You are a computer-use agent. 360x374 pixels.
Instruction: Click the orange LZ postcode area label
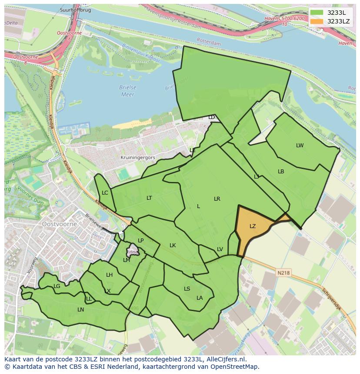(x=253, y=226)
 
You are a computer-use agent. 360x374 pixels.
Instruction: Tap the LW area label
(x=300, y=146)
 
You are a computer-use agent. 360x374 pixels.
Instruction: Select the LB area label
(x=281, y=172)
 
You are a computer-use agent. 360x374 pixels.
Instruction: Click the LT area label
(x=149, y=198)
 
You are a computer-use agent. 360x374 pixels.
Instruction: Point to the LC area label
(x=105, y=193)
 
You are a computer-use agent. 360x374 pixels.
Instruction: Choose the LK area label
(x=173, y=245)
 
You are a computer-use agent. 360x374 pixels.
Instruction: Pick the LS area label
(x=187, y=289)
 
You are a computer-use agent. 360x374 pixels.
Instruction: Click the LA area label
(x=200, y=298)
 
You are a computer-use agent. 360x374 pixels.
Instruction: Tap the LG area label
(x=57, y=286)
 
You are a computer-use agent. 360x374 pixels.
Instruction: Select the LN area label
(x=80, y=310)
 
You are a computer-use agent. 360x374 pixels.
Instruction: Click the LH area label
(x=109, y=275)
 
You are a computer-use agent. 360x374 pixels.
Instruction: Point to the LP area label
(x=140, y=241)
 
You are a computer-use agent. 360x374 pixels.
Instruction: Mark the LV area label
(x=220, y=249)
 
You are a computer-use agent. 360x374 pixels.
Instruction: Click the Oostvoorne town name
(x=60, y=224)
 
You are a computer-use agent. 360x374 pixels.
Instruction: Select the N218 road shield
(x=283, y=273)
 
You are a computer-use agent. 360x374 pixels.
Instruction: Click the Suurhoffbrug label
(x=76, y=10)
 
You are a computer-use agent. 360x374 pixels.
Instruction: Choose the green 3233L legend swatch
(x=316, y=13)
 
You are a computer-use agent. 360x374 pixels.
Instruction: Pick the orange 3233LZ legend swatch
(x=316, y=21)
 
